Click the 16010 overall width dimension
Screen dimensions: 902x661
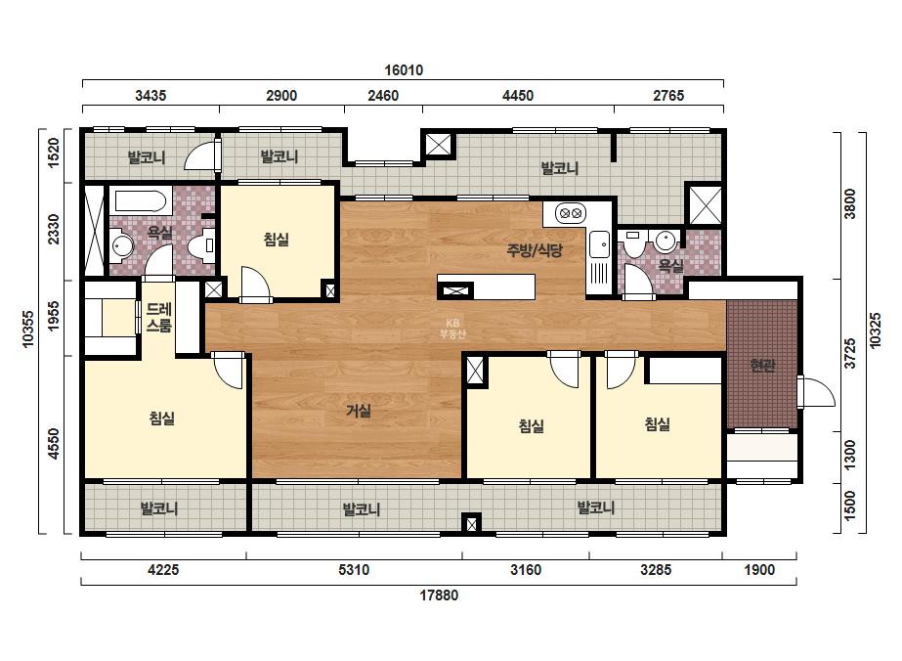[404, 70]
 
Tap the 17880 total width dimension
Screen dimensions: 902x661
[439, 595]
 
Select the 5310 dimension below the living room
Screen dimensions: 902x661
[354, 570]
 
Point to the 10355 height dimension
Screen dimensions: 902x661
[28, 330]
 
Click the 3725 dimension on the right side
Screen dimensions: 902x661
[849, 353]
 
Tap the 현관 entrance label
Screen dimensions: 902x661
[763, 365]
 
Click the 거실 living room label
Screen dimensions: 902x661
[359, 411]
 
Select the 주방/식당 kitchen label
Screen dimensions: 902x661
[535, 250]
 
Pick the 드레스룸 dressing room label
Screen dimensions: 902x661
[158, 318]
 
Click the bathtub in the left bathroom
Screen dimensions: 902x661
[141, 201]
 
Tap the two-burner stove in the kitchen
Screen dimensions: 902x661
[570, 213]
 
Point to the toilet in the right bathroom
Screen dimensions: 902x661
[634, 242]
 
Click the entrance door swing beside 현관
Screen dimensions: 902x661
[817, 392]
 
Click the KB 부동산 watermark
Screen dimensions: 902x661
[452, 329]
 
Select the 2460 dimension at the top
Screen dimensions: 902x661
[383, 96]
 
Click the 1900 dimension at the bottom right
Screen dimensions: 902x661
[759, 570]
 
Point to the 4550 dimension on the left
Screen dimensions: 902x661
[54, 443]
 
